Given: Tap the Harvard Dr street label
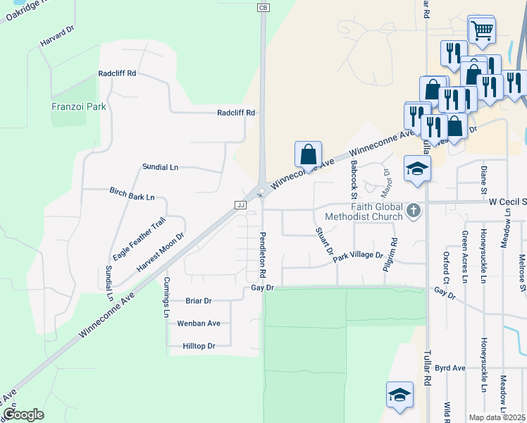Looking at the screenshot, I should (57, 42).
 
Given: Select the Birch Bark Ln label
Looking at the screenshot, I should (132, 194).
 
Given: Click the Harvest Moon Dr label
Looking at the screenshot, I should (160, 252).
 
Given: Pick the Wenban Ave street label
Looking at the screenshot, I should (199, 323).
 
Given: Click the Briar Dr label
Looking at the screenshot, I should (198, 300).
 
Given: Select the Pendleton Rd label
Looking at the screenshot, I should (263, 254).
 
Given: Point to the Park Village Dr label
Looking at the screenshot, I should (358, 257).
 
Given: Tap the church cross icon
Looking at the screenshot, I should (414, 209).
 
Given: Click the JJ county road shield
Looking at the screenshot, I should (240, 204).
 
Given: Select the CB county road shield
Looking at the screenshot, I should (263, 7).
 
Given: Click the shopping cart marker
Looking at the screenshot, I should (482, 29).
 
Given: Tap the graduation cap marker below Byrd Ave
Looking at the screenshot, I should (399, 395).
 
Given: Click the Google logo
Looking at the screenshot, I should (23, 415).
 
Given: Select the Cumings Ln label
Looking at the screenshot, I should (167, 297).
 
